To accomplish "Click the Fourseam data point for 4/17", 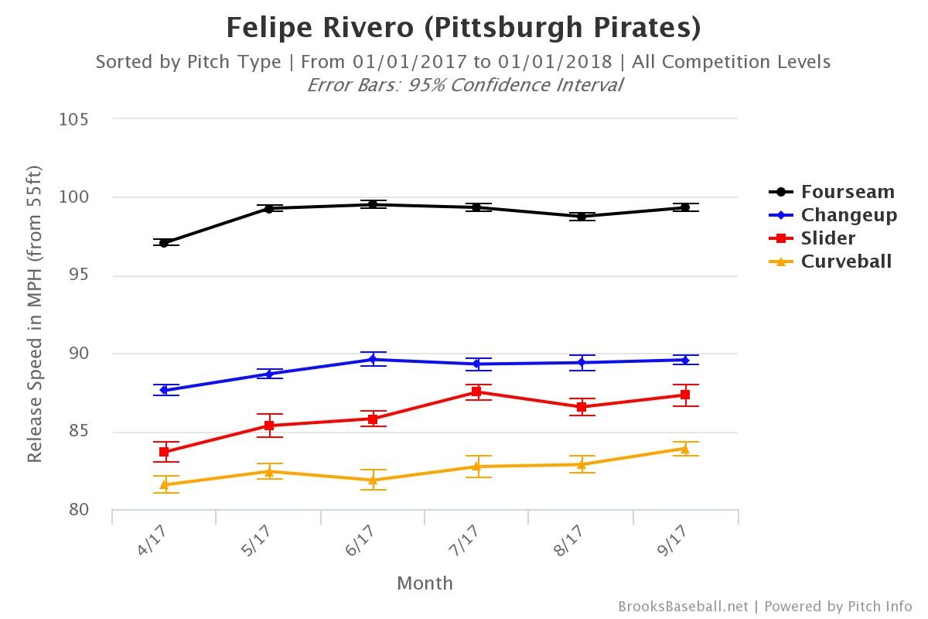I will click(x=164, y=243).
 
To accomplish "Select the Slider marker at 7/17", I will click(x=476, y=392).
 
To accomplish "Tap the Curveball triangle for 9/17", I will click(x=685, y=449).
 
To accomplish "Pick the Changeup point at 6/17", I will click(x=373, y=359).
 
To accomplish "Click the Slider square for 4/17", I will click(x=164, y=452).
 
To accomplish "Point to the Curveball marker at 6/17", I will click(x=373, y=480).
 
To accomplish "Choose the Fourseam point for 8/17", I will click(x=581, y=216).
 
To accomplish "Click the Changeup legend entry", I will click(x=848, y=215).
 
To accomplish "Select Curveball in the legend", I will click(x=846, y=262).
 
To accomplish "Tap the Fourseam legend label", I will click(x=848, y=192).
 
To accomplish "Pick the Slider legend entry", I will click(x=827, y=238).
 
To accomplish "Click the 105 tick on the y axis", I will click(x=74, y=119).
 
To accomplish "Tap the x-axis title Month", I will click(x=425, y=583).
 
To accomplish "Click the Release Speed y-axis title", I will click(x=35, y=313).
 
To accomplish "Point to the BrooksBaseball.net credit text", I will click(x=683, y=607).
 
